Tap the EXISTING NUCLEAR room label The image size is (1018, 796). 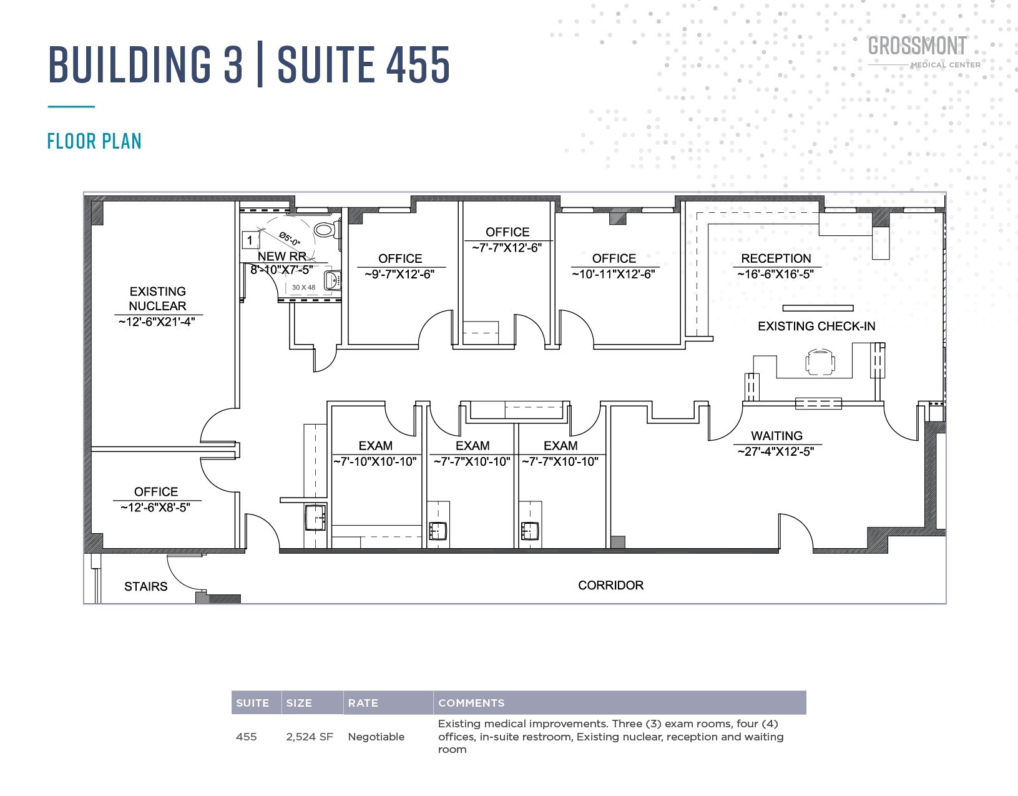click(x=157, y=298)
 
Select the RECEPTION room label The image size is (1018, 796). click(x=776, y=258)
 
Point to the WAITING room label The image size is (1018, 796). click(x=776, y=436)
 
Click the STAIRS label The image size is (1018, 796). click(x=145, y=586)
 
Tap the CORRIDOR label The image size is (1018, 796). click(x=610, y=585)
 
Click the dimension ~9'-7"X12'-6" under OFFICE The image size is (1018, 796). click(x=399, y=274)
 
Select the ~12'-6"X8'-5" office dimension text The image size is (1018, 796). click(x=155, y=508)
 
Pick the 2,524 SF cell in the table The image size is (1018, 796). click(x=310, y=737)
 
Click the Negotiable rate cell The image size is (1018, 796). click(x=376, y=737)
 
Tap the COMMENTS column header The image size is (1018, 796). click(x=471, y=703)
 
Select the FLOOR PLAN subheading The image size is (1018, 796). click(x=94, y=141)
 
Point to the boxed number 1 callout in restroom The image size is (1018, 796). click(x=250, y=240)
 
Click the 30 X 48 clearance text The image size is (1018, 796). click(x=303, y=288)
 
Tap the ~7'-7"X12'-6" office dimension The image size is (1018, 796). click(x=507, y=248)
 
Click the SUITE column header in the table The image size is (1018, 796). click(x=252, y=703)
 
